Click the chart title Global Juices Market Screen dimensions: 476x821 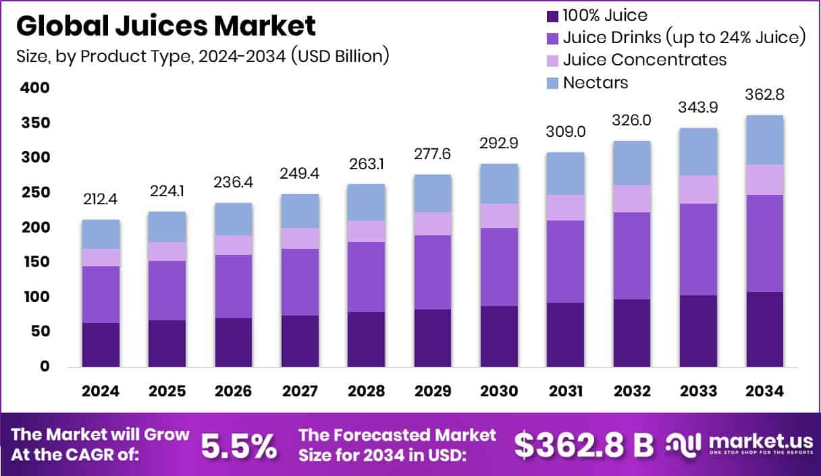point(165,26)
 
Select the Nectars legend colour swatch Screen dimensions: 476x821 point(552,83)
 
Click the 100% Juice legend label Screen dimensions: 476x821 point(605,15)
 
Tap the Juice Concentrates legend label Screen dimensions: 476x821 point(645,60)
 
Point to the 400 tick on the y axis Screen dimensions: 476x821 point(35,88)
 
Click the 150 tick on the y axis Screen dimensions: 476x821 point(35,262)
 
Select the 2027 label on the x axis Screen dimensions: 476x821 point(300,392)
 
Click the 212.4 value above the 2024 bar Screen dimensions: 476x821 point(101,200)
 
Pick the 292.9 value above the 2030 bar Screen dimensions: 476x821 point(499,144)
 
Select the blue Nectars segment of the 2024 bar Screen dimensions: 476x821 point(101,234)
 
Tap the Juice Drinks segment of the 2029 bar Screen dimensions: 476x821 point(433,272)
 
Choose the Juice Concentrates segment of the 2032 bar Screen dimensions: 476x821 point(631,199)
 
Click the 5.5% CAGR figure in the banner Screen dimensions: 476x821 point(240,445)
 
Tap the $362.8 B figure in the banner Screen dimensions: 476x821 point(585,445)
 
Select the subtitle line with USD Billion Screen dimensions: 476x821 point(203,57)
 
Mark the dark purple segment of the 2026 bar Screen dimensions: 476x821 point(234,342)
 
